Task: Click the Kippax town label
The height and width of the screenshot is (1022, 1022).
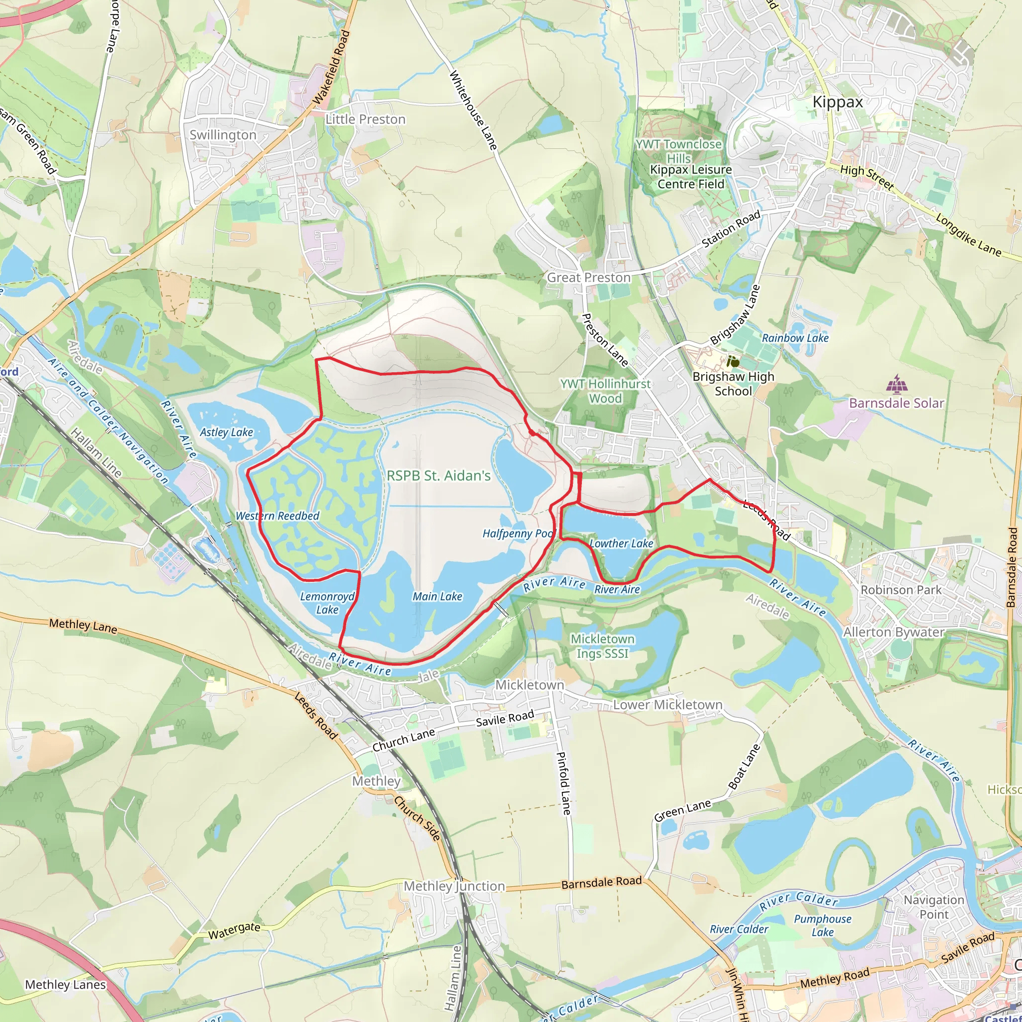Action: pyautogui.click(x=837, y=102)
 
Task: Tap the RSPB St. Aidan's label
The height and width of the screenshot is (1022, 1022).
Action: pyautogui.click(x=439, y=476)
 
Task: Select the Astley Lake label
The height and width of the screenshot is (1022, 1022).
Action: pyautogui.click(x=227, y=432)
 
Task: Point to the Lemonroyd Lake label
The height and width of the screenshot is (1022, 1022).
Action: pyautogui.click(x=327, y=603)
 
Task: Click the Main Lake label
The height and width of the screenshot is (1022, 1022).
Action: pyautogui.click(x=438, y=597)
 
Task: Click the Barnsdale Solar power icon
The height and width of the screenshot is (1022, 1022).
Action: pyautogui.click(x=896, y=384)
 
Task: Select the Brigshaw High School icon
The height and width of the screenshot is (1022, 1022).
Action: pyautogui.click(x=733, y=362)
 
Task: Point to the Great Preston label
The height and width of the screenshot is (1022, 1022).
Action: pyautogui.click(x=589, y=278)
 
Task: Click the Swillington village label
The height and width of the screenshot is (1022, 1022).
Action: pyautogui.click(x=223, y=135)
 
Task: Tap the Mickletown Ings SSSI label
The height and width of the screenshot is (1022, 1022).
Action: pyautogui.click(x=602, y=646)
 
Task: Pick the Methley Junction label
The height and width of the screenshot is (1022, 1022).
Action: pyautogui.click(x=455, y=886)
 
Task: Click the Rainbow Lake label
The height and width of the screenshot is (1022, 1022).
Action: pyautogui.click(x=795, y=338)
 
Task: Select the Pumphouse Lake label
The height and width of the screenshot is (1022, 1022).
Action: pyautogui.click(x=822, y=925)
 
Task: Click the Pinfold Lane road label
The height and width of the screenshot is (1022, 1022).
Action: pyautogui.click(x=564, y=783)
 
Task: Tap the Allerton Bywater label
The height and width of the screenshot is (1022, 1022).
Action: pyautogui.click(x=894, y=632)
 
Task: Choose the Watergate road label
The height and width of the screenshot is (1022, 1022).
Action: pyautogui.click(x=234, y=931)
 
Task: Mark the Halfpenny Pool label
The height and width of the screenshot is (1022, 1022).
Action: pyautogui.click(x=517, y=533)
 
